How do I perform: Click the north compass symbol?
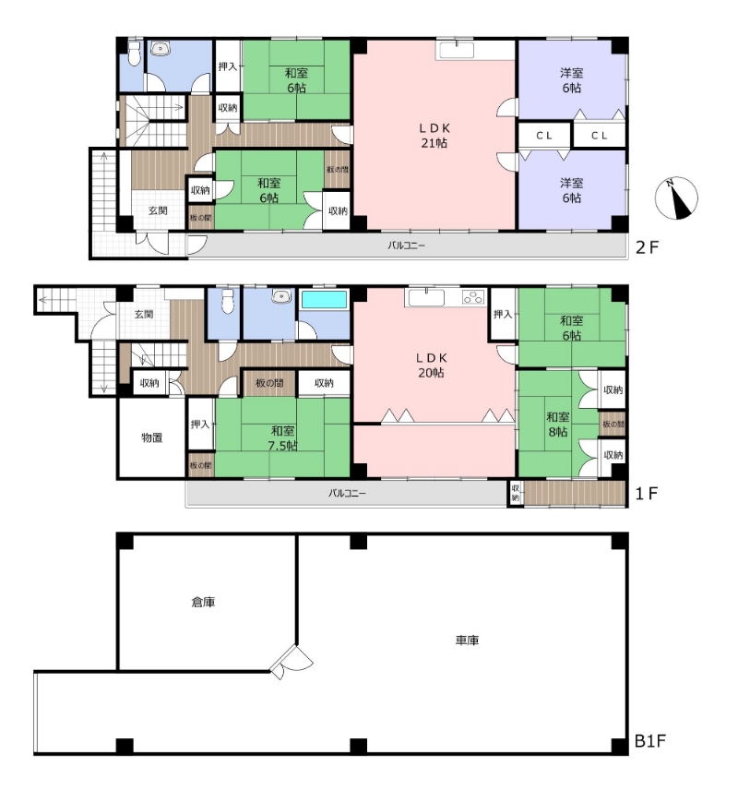point(676,198)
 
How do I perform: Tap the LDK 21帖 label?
point(434,136)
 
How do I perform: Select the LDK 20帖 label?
point(431,365)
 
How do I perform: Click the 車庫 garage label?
point(467,640)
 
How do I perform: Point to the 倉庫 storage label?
point(204,602)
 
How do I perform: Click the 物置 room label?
point(151,437)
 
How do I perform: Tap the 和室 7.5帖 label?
point(282,437)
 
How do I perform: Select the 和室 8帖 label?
point(558,425)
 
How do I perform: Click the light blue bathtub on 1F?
point(324,300)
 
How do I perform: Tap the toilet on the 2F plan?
point(134,54)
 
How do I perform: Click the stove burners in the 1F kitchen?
point(473,297)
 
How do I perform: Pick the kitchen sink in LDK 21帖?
point(457,51)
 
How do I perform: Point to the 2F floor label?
point(648,247)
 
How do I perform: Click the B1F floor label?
point(649,741)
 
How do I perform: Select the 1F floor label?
point(647,493)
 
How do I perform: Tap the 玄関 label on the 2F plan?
point(158,210)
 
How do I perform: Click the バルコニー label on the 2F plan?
point(406,245)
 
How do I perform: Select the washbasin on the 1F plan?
point(280,297)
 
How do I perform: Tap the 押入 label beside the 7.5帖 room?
point(200,425)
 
